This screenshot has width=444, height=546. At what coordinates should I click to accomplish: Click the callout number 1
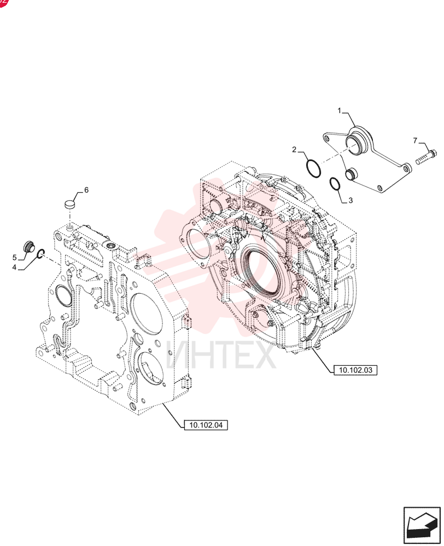click(339, 111)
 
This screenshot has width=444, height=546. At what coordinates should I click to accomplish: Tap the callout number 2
click(294, 150)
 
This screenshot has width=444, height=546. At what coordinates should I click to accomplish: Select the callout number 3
click(350, 200)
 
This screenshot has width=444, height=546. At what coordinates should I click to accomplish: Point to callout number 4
click(14, 267)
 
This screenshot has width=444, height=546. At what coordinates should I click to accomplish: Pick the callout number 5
click(15, 257)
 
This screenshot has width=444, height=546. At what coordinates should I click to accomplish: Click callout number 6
click(86, 190)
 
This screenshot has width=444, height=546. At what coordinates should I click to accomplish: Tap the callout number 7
click(415, 141)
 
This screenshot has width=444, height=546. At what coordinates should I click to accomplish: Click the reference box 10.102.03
click(355, 370)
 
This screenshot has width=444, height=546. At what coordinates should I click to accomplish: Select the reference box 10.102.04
click(206, 425)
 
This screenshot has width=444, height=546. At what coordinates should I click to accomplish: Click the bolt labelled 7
click(426, 157)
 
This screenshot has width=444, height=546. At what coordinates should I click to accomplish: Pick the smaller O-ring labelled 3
click(335, 184)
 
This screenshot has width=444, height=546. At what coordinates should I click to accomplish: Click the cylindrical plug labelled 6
click(71, 204)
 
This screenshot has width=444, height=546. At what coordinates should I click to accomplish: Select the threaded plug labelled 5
click(28, 247)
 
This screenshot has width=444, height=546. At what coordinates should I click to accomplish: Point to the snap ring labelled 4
click(40, 254)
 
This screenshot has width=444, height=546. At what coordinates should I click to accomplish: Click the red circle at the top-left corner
click(3, 2)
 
